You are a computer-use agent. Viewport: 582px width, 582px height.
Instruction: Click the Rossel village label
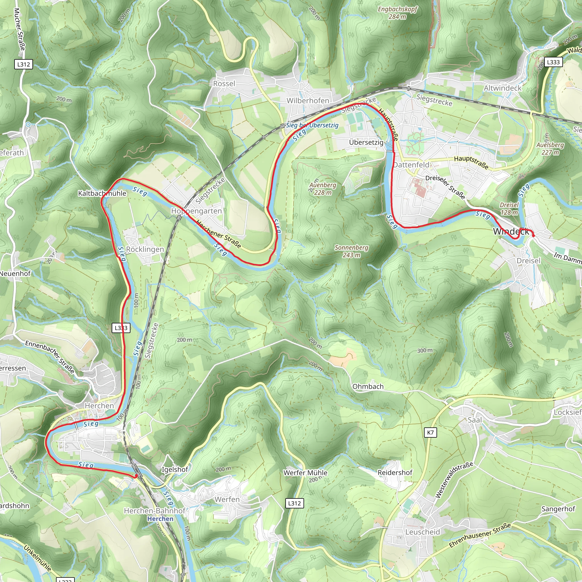[x=224, y=84]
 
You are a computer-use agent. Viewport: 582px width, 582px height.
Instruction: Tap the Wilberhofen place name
[x=307, y=101]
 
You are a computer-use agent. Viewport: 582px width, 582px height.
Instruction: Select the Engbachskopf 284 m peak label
[x=397, y=13]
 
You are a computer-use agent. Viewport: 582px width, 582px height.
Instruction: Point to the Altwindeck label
[x=502, y=88]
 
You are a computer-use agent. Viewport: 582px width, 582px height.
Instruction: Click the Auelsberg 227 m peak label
[x=550, y=149]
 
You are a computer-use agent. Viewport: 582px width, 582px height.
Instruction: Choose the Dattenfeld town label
[x=411, y=165]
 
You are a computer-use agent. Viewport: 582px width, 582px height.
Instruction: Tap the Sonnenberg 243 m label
[x=351, y=251]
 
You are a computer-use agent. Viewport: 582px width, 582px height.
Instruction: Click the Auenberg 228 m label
[x=323, y=189]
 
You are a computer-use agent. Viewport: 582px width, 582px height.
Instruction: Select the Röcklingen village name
[x=145, y=250]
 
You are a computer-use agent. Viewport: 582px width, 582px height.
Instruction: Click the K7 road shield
[x=431, y=433]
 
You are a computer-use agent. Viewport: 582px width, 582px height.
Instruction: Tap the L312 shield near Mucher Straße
[x=24, y=64]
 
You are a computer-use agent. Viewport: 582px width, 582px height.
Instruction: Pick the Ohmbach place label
[x=368, y=386]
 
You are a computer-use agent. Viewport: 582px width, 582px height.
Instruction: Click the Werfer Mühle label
[x=305, y=473]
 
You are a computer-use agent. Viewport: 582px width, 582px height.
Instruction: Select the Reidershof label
[x=395, y=473]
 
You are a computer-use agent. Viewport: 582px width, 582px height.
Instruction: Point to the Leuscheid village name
[x=422, y=532]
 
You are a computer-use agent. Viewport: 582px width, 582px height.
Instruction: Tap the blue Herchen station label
[x=160, y=519]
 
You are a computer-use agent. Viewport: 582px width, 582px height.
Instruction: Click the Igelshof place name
[x=175, y=469]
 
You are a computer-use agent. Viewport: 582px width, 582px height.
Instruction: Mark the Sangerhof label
[x=558, y=509]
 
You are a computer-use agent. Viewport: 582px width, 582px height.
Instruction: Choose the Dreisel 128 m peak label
[x=509, y=209]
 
